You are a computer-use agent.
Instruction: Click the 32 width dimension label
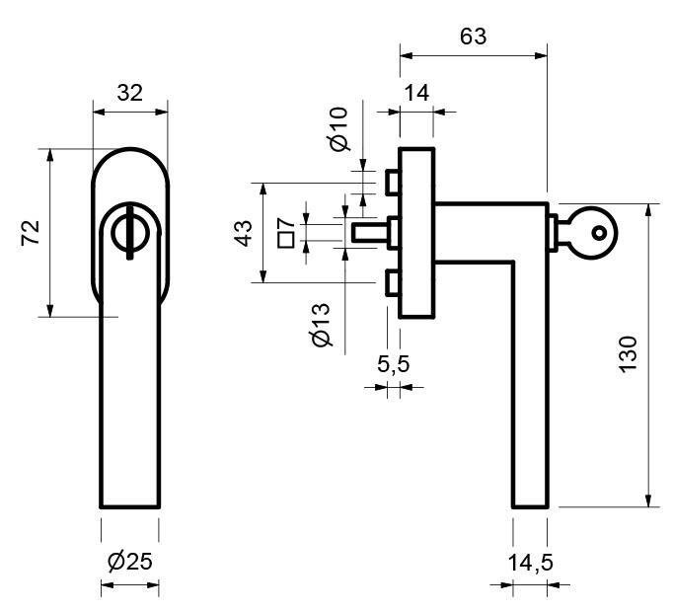click(129, 93)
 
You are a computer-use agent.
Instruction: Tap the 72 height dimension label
click(30, 233)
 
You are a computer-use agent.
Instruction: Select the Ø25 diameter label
click(129, 563)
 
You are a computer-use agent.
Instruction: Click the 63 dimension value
click(474, 37)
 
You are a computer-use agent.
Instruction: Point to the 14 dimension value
click(416, 93)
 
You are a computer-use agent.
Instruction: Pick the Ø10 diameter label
click(338, 129)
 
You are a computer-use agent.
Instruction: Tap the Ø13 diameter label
click(321, 325)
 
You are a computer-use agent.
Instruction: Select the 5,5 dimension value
click(393, 364)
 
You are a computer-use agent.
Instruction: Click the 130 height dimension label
click(629, 354)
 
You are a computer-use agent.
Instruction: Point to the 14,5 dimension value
click(530, 563)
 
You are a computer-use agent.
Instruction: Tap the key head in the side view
click(595, 232)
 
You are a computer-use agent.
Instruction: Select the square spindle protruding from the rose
click(369, 232)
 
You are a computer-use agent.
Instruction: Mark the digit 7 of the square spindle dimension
click(282, 223)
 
